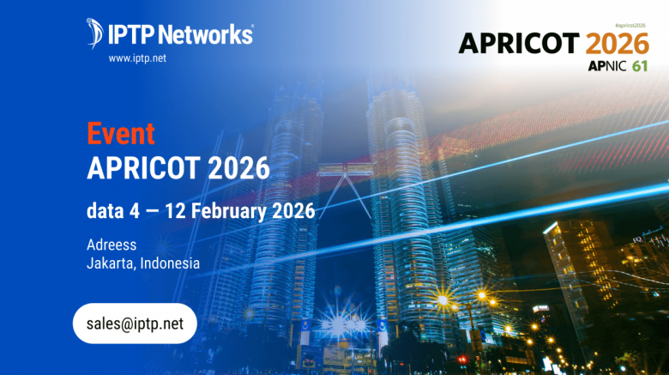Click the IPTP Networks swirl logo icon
(x=94, y=33)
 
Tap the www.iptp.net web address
(x=137, y=58)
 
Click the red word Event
(x=121, y=134)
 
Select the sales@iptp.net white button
(x=135, y=324)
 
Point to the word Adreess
(x=111, y=245)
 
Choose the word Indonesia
(x=170, y=263)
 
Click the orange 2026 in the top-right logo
(x=618, y=44)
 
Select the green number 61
(x=640, y=66)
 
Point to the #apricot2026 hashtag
(x=630, y=26)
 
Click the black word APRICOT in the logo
(x=519, y=43)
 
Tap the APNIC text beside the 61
(x=607, y=66)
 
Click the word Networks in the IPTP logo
(x=206, y=34)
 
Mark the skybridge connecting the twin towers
(x=345, y=170)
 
